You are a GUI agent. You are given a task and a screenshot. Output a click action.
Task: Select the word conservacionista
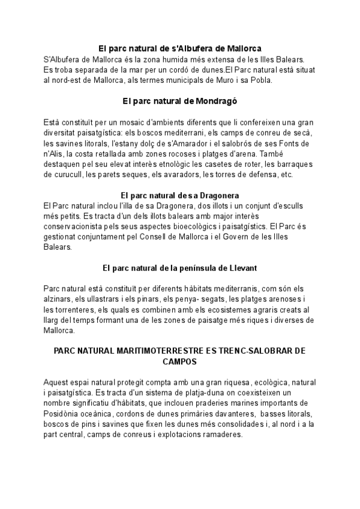[77, 226]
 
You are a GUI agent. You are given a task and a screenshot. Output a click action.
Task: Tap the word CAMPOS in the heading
[180, 362]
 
